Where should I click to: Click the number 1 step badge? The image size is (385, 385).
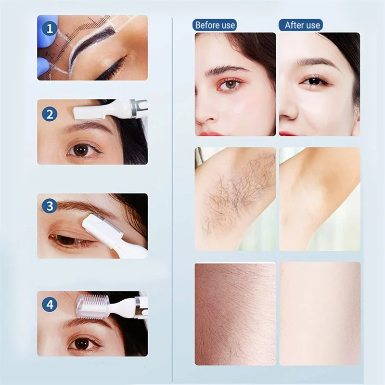pos(50,29)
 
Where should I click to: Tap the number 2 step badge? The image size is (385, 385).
pos(49,113)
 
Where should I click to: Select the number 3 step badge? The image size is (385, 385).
pos(49,206)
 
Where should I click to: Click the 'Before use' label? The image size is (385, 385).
pos(214,25)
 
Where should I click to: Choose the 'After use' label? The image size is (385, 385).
pos(302,25)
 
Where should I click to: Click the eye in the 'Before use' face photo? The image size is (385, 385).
pos(231,84)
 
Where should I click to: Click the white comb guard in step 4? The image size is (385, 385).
pos(93,306)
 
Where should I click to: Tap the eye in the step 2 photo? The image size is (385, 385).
pos(81,150)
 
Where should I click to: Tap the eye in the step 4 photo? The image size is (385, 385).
pos(81,343)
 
